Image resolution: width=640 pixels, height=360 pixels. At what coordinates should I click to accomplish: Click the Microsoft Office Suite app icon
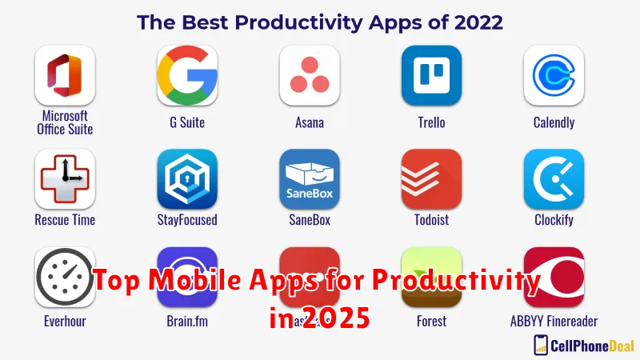pos(65,75)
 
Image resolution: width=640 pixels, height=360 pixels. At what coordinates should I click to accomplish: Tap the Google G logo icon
pos(187,75)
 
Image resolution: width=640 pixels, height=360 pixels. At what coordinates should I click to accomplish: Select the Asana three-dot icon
pos(309,75)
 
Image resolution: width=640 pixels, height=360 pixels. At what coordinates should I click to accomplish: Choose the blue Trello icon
pos(431,75)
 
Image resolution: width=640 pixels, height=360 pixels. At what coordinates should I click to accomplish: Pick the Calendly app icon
pos(554,75)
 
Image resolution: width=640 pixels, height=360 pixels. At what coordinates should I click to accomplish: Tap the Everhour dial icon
pos(65,277)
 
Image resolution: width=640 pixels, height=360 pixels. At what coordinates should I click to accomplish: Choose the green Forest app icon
pos(431,272)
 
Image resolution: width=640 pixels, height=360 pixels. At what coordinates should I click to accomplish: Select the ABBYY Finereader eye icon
pos(554,277)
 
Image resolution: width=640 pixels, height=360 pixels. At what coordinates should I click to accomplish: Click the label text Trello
pos(431,123)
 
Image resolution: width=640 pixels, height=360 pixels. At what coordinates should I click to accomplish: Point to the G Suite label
pos(187,123)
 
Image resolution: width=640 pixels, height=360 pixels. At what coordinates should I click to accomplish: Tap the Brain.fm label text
pos(187,322)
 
